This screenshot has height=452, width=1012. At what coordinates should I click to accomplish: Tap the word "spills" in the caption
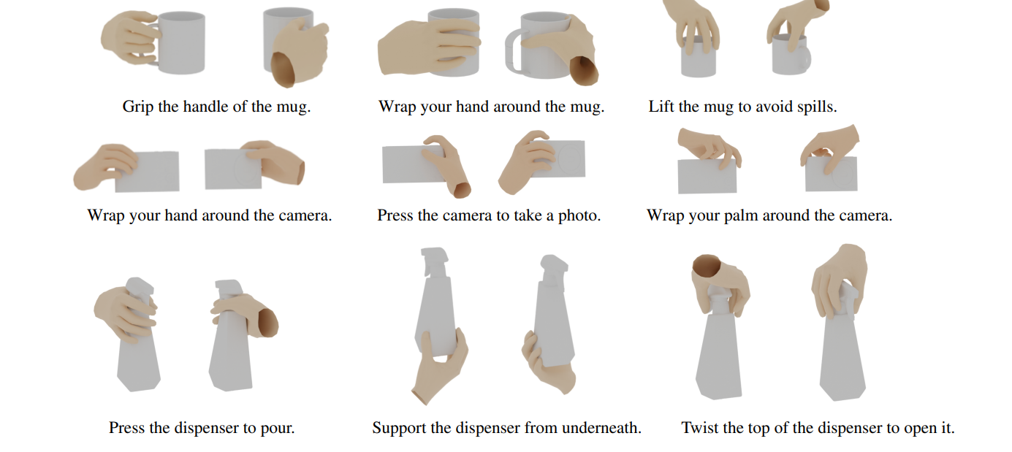(x=817, y=107)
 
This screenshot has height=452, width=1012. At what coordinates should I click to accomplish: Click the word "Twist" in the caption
(x=700, y=428)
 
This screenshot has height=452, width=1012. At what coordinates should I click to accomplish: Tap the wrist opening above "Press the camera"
(x=463, y=190)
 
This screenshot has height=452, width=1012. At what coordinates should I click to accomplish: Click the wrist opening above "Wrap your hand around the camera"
(x=300, y=172)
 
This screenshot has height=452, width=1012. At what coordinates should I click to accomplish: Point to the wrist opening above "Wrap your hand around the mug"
(x=584, y=70)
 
